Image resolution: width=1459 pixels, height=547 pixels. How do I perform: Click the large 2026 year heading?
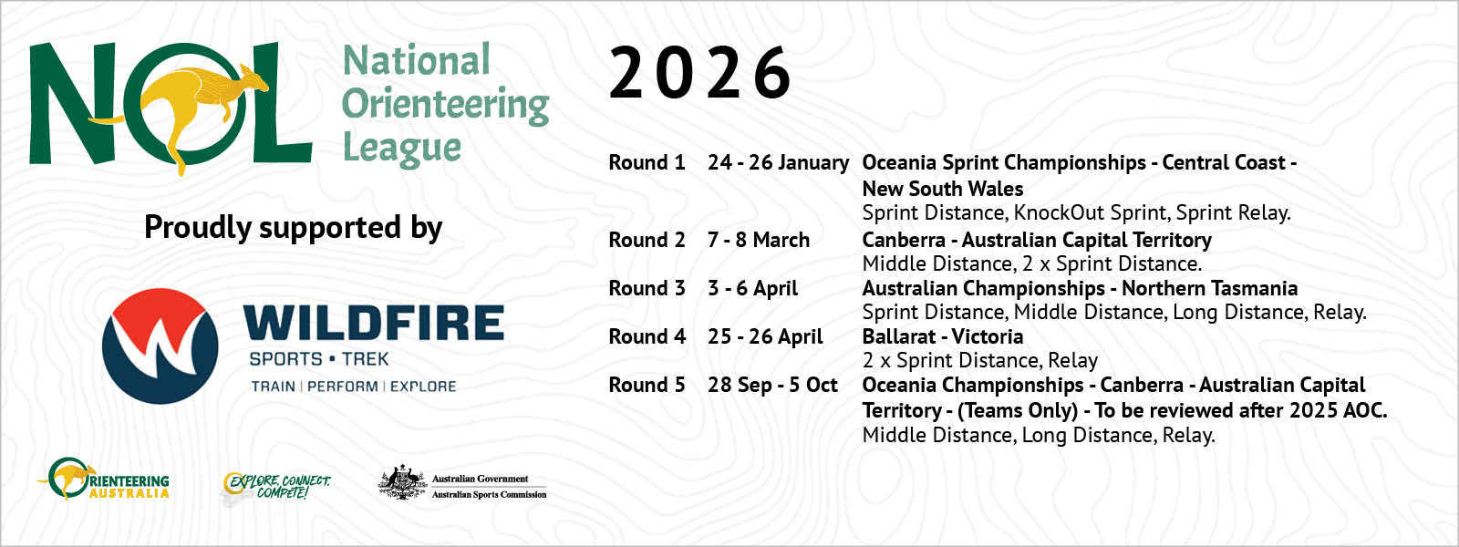coord(700,73)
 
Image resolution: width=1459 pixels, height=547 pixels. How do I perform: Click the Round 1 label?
coord(647,163)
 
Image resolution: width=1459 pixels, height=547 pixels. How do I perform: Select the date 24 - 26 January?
coord(779,163)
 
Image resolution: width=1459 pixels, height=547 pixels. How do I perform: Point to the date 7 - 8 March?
coord(759,241)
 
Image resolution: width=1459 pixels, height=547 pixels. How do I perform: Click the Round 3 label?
coord(647,288)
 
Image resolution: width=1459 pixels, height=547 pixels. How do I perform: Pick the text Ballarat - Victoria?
coord(943,336)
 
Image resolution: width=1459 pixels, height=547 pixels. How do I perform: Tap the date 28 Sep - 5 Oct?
coord(772,386)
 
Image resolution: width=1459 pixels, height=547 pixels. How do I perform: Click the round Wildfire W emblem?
coord(160,346)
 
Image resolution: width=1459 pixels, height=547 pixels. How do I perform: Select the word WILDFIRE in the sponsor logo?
coord(374,324)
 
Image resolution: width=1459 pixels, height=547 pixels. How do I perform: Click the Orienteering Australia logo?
coord(103,479)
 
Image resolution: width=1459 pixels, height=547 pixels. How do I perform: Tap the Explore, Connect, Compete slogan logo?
coord(276,487)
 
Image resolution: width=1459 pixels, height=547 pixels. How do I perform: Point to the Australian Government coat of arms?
coord(402,482)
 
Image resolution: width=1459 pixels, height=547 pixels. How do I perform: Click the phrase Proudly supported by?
coord(293,228)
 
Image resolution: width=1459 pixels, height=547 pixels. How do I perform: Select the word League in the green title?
coord(402,149)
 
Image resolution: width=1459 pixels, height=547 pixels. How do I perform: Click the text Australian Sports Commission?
coord(489,495)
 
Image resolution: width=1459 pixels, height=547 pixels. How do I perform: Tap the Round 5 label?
coord(647,386)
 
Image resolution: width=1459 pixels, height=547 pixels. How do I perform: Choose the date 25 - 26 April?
coord(765,336)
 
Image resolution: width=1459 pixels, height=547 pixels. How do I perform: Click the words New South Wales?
coord(943,189)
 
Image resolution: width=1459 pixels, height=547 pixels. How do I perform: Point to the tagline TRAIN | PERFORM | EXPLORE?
coord(354,387)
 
